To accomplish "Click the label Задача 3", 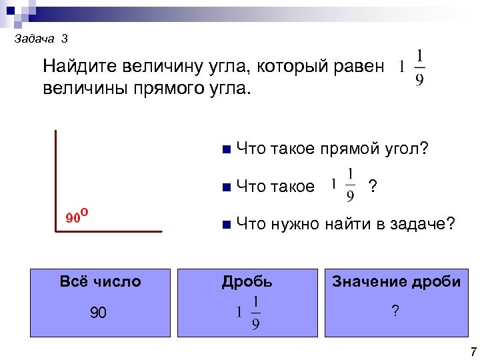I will click(41, 39).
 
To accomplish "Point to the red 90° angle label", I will click(78, 216).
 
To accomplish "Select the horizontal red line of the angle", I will click(109, 231).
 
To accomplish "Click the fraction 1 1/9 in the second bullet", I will click(344, 184).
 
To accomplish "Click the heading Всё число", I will click(100, 281).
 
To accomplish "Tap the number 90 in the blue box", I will click(98, 313).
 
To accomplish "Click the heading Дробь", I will click(247, 281).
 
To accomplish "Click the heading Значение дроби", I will click(396, 281).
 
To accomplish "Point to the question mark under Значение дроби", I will click(396, 310).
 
